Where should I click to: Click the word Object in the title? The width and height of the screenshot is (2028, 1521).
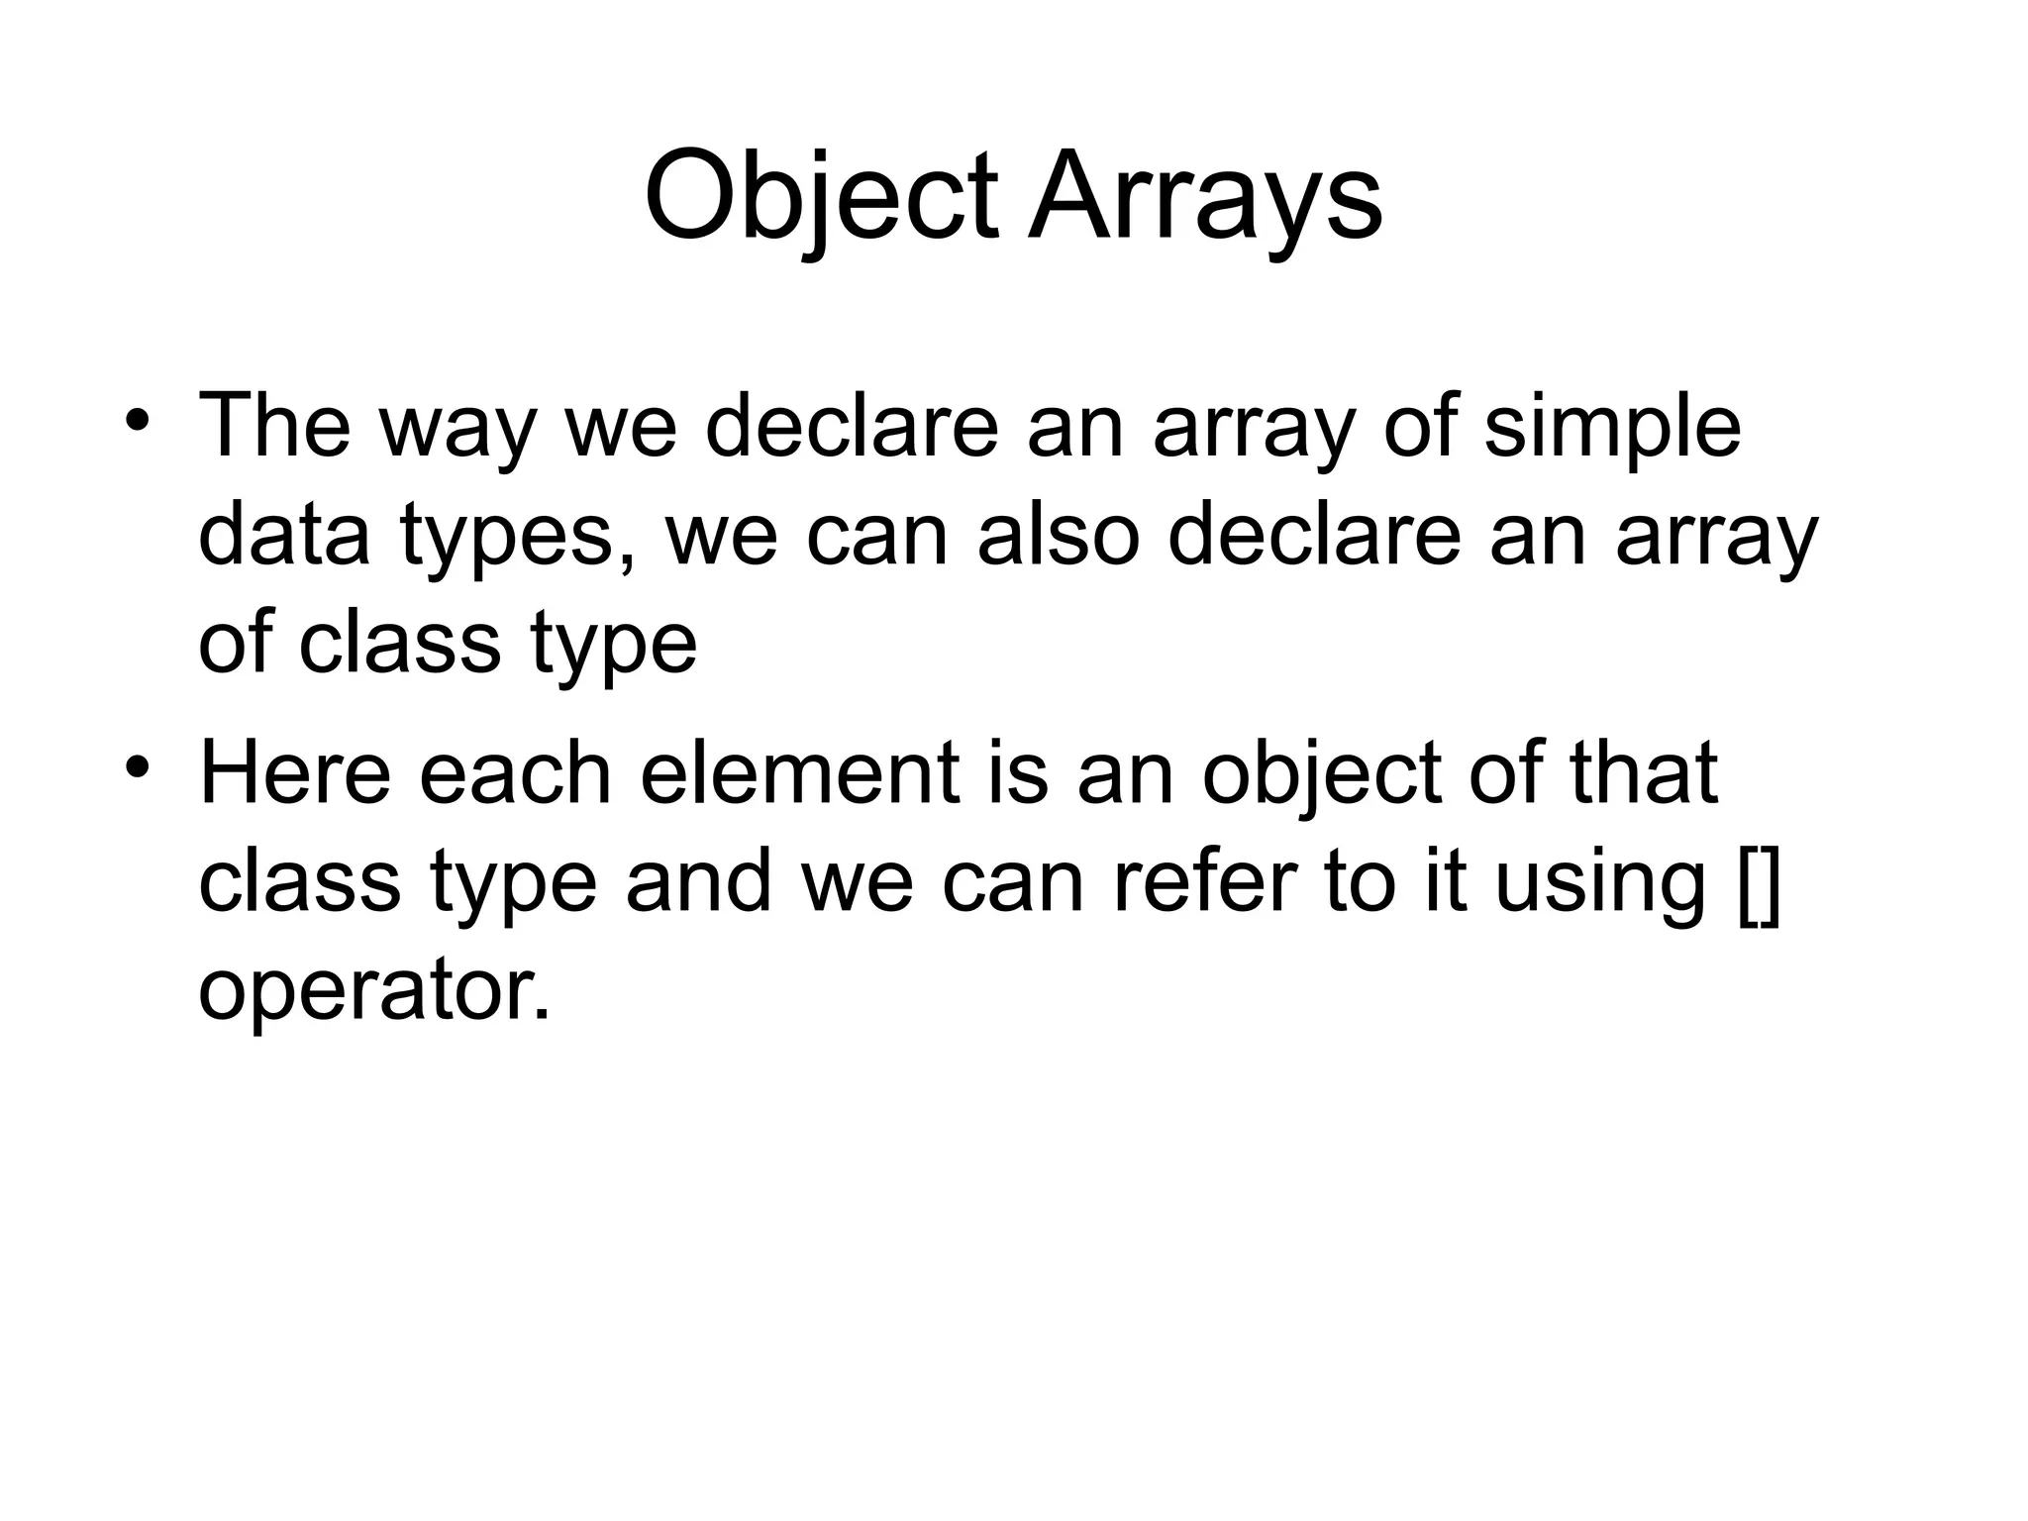(821, 198)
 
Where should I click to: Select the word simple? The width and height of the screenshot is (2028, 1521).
(1612, 428)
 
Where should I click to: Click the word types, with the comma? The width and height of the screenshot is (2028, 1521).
(520, 537)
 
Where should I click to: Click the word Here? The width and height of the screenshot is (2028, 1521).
(295, 772)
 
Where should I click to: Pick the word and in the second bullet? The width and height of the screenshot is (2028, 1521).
(698, 881)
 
